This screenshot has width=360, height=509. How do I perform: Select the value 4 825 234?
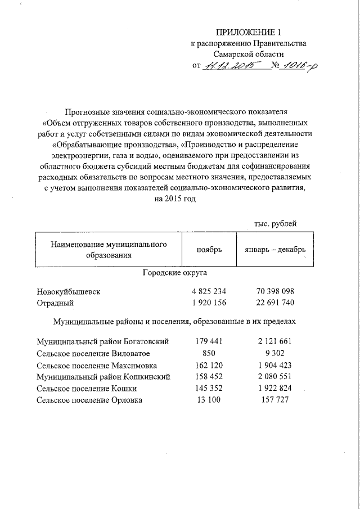point(209,292)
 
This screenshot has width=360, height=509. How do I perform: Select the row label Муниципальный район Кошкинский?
point(103,377)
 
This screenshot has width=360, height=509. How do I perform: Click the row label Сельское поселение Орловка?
point(89,400)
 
